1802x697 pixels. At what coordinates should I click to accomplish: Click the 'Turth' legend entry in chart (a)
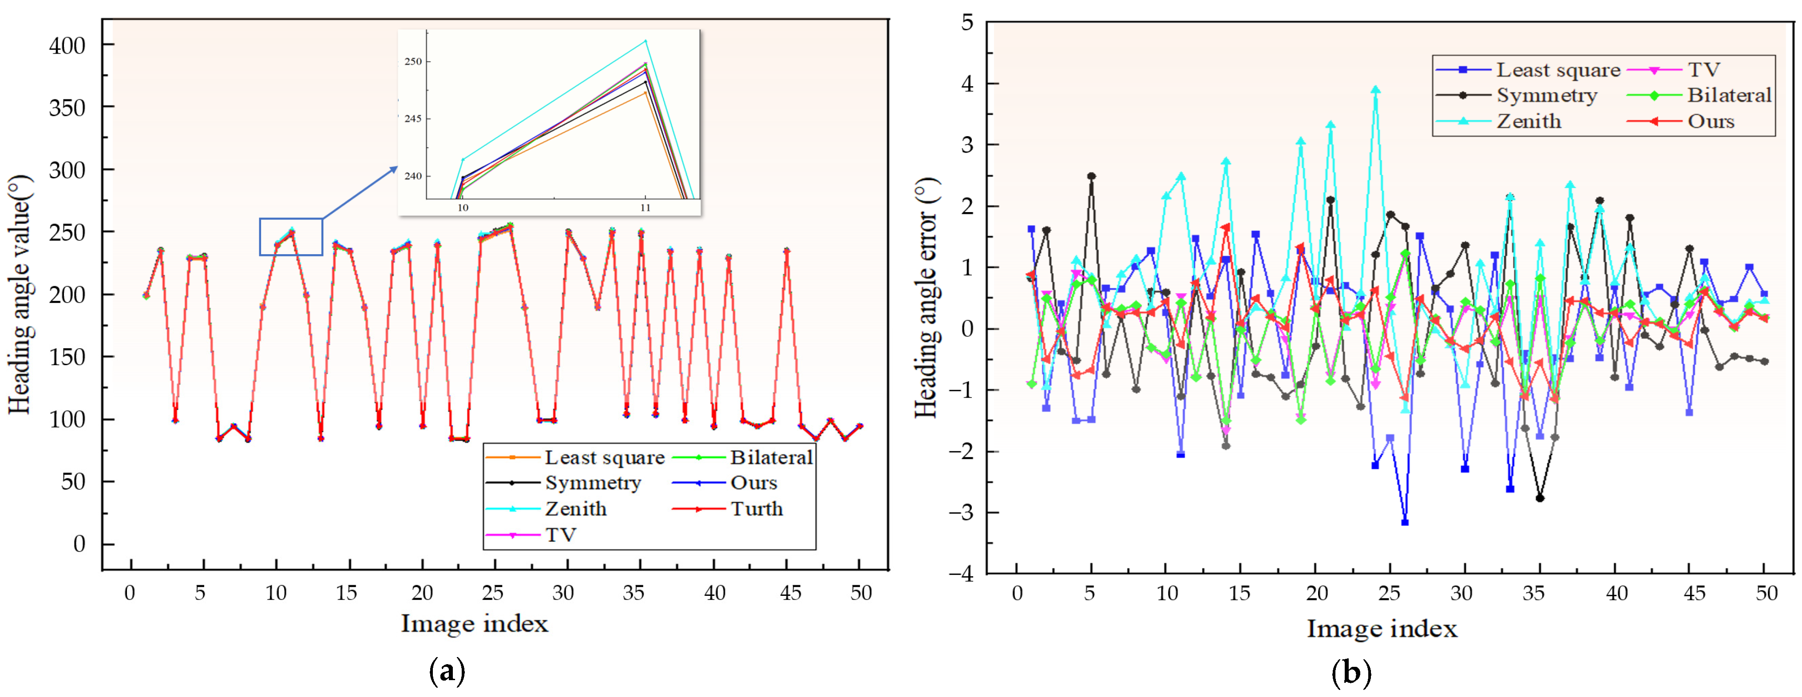(x=756, y=509)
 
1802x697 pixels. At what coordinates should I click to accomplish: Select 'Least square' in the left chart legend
(x=604, y=457)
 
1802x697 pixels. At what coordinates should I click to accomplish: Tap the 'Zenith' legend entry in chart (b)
(x=1529, y=122)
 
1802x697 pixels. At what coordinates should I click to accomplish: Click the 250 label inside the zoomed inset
(x=413, y=62)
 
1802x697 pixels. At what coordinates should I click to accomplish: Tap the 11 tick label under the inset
(x=645, y=208)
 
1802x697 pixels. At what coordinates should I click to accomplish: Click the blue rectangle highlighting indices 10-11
(x=291, y=237)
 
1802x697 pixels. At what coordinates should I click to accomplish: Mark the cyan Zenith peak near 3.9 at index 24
(x=1375, y=90)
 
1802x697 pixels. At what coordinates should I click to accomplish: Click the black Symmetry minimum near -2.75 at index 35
(x=1540, y=498)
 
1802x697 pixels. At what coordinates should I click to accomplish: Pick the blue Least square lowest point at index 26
(x=1405, y=522)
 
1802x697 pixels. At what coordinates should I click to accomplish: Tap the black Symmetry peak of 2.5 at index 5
(x=1091, y=176)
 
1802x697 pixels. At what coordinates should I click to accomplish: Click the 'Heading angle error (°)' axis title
(x=926, y=297)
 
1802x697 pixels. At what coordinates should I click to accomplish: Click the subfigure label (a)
(x=446, y=672)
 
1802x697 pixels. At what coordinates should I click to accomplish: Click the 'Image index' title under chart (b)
(x=1382, y=629)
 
